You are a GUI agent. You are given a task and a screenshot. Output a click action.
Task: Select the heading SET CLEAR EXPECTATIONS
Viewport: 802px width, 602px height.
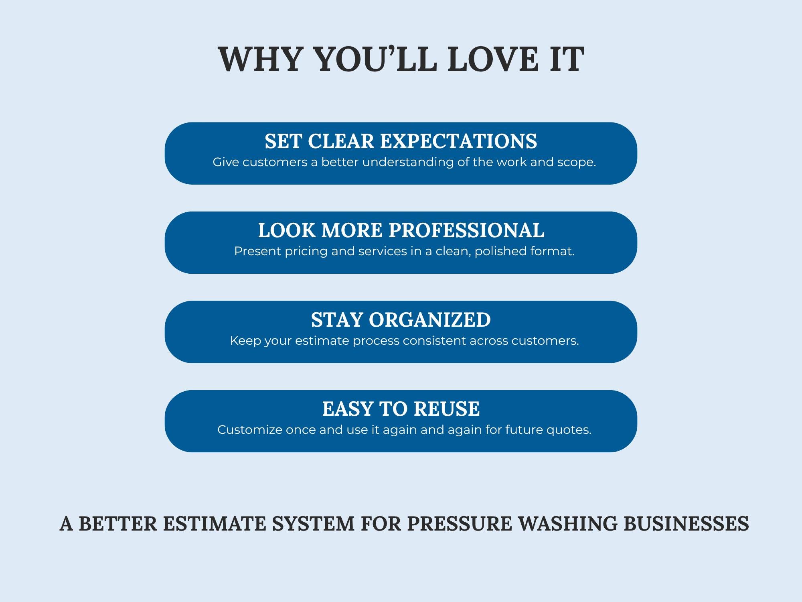[401, 141]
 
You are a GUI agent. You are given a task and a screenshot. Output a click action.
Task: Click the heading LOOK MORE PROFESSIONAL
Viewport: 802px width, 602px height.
[401, 230]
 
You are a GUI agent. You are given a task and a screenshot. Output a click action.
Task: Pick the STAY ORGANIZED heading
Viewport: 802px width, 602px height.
[401, 320]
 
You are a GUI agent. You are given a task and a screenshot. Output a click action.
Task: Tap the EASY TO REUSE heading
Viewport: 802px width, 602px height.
[401, 409]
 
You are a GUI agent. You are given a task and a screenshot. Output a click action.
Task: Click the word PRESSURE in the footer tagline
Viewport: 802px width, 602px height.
[460, 524]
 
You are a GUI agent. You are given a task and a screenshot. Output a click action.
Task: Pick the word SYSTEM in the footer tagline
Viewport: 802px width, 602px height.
[314, 524]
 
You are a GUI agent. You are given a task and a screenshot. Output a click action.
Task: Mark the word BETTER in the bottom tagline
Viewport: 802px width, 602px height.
[118, 524]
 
